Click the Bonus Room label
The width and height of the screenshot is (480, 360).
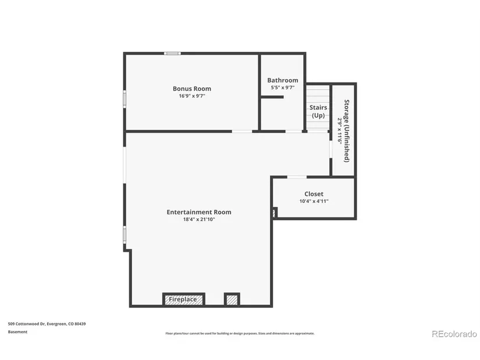(192, 88)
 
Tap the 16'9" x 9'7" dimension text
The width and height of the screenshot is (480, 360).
(192, 96)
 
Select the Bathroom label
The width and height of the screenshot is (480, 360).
(283, 80)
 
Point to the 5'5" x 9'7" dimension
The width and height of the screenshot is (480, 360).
(283, 88)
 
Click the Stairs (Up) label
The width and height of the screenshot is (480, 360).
(318, 112)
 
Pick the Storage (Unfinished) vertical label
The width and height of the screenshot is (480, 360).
(347, 131)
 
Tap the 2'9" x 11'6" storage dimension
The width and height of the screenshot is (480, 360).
(339, 131)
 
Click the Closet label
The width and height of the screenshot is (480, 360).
(314, 194)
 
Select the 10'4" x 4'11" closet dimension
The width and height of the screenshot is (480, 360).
(314, 201)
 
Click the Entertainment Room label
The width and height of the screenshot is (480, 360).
(199, 212)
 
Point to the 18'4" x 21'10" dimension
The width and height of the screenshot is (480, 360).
(199, 219)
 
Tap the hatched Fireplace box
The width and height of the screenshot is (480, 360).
(184, 300)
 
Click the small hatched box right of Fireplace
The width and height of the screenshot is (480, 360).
(232, 300)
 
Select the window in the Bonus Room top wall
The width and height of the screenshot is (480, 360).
(172, 54)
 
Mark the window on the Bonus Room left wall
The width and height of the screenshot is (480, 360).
(125, 99)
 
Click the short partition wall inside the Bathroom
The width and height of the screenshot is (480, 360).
(272, 97)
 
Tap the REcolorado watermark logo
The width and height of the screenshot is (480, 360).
(454, 334)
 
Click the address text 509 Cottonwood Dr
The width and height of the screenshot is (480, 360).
(27, 323)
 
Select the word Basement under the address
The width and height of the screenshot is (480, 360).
(17, 332)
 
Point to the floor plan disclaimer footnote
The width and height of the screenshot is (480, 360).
(240, 333)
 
